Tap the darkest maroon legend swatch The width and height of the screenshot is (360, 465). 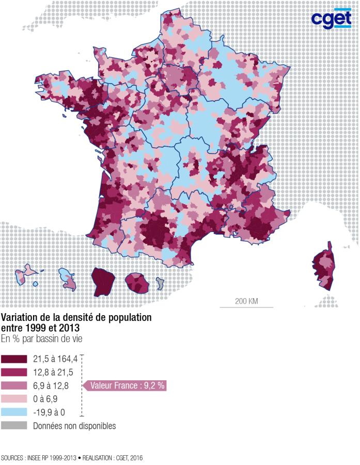[14, 358]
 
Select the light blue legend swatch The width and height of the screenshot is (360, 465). [14, 412]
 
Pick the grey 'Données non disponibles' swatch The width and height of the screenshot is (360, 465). [14, 426]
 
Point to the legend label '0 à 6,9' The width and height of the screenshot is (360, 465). [46, 399]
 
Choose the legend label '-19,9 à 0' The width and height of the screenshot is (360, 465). [50, 412]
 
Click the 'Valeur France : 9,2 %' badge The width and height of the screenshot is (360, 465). [127, 385]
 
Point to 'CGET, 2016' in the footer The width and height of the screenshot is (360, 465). [129, 458]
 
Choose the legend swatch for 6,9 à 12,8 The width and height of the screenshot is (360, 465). [14, 385]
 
